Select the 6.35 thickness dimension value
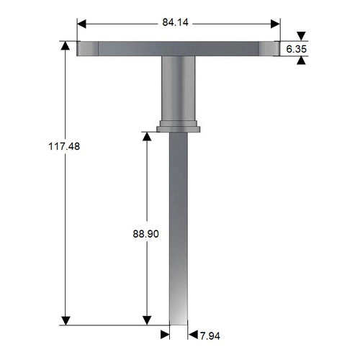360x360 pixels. tap(297, 49)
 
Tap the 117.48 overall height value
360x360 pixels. tap(63, 145)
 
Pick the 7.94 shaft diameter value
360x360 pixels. tap(212, 335)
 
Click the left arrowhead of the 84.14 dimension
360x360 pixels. tap(82, 23)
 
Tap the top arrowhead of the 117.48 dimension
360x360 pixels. tap(66, 48)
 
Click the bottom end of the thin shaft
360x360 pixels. tap(179, 320)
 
